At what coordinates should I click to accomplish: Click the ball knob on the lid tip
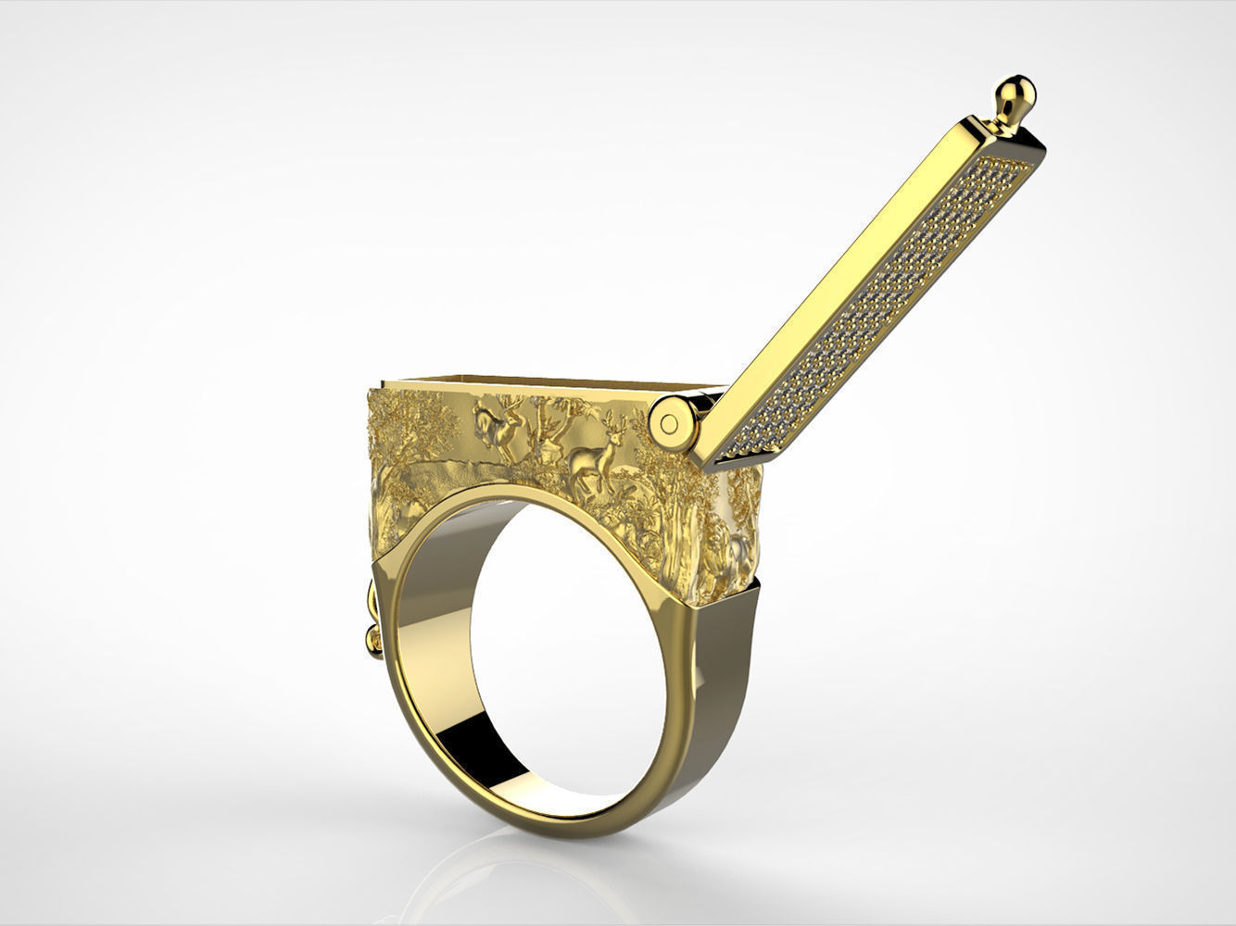(1016, 93)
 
